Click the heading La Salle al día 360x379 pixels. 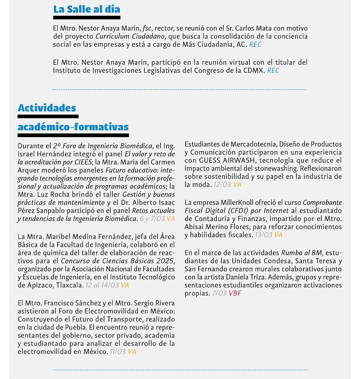[86, 9]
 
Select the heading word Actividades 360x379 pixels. [47, 108]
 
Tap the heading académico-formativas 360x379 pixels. [73, 128]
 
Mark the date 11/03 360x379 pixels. [118, 352]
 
